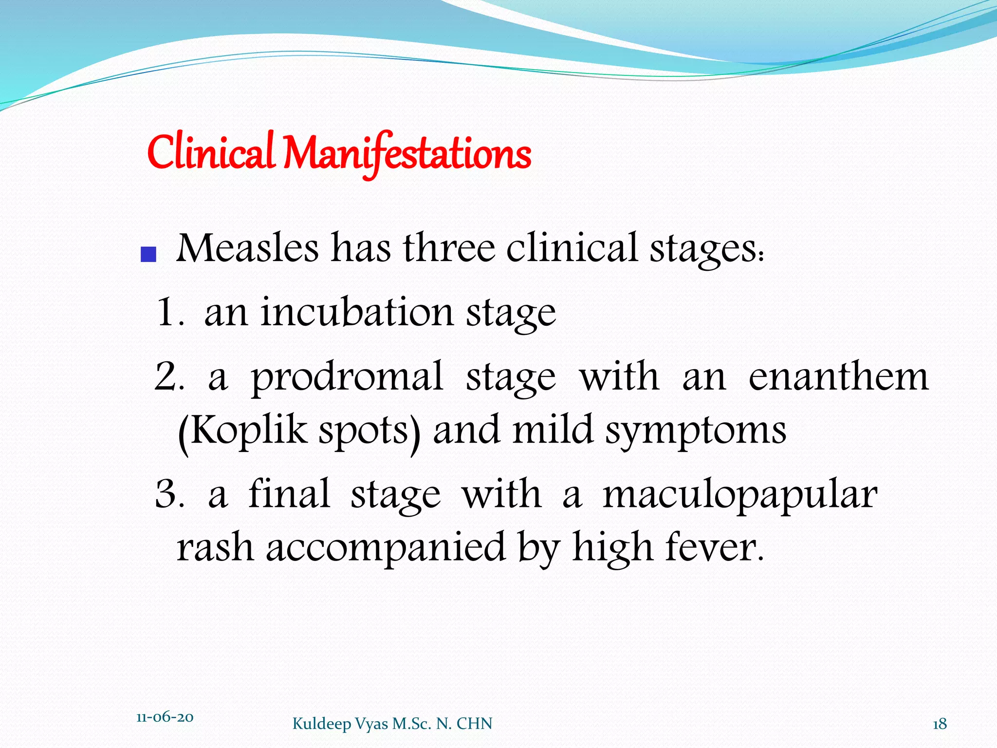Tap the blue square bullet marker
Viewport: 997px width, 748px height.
[148, 254]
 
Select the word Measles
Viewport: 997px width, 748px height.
[247, 248]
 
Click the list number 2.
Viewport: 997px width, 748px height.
[166, 377]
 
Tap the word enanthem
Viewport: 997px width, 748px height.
[838, 377]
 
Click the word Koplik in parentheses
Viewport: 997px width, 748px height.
[248, 430]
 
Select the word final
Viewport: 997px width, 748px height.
[289, 494]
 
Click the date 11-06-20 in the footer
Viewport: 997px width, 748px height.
[165, 717]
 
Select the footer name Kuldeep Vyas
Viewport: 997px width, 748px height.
[341, 724]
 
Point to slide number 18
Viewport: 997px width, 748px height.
[940, 724]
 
